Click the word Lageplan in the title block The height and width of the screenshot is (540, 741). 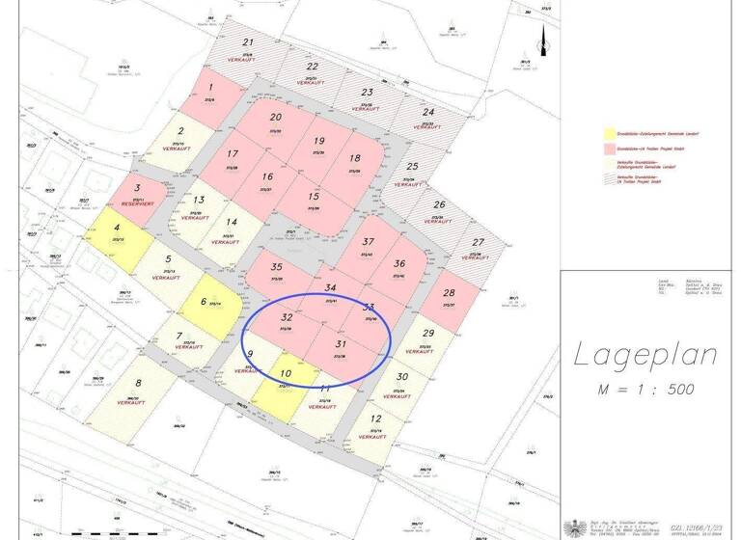(x=645, y=355)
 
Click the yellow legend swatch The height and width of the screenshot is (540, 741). (x=608, y=133)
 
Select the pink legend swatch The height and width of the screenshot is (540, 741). (x=608, y=150)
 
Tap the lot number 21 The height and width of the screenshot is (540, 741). (x=248, y=42)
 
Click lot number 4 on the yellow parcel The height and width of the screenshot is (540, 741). (x=118, y=229)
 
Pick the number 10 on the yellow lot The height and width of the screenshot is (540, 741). (x=286, y=373)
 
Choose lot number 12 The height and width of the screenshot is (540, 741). (x=375, y=418)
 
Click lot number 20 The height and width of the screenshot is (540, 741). (x=276, y=118)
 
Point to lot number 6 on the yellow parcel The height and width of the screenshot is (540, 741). (x=204, y=301)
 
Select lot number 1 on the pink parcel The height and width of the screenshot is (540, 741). (x=210, y=87)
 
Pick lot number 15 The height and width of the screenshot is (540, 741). (x=314, y=197)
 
